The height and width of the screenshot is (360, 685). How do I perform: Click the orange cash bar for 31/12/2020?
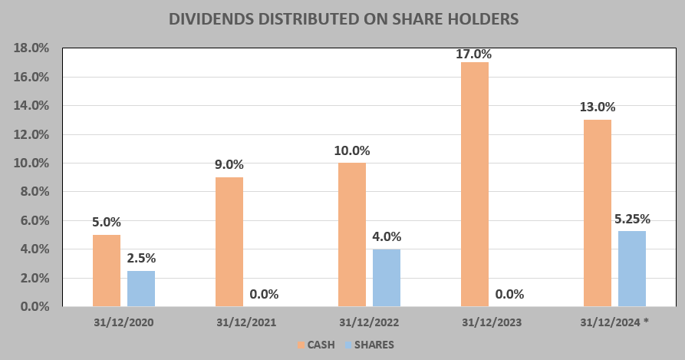click(x=107, y=270)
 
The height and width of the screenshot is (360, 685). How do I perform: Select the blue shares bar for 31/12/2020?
click(x=141, y=289)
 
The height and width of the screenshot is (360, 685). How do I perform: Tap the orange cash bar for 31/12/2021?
click(x=229, y=242)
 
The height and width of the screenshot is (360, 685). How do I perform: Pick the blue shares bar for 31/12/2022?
click(x=387, y=278)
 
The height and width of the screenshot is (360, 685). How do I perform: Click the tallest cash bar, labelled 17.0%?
click(x=475, y=184)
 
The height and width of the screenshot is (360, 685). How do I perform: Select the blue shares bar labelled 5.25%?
click(x=632, y=269)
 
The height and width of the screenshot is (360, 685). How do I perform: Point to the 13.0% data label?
click(x=598, y=107)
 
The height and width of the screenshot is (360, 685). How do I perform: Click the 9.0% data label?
click(x=229, y=164)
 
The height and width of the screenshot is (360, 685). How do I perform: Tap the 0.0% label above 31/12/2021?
click(x=264, y=294)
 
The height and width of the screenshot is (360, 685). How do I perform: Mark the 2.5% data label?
click(x=141, y=258)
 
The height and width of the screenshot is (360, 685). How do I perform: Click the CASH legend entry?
click(x=315, y=345)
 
